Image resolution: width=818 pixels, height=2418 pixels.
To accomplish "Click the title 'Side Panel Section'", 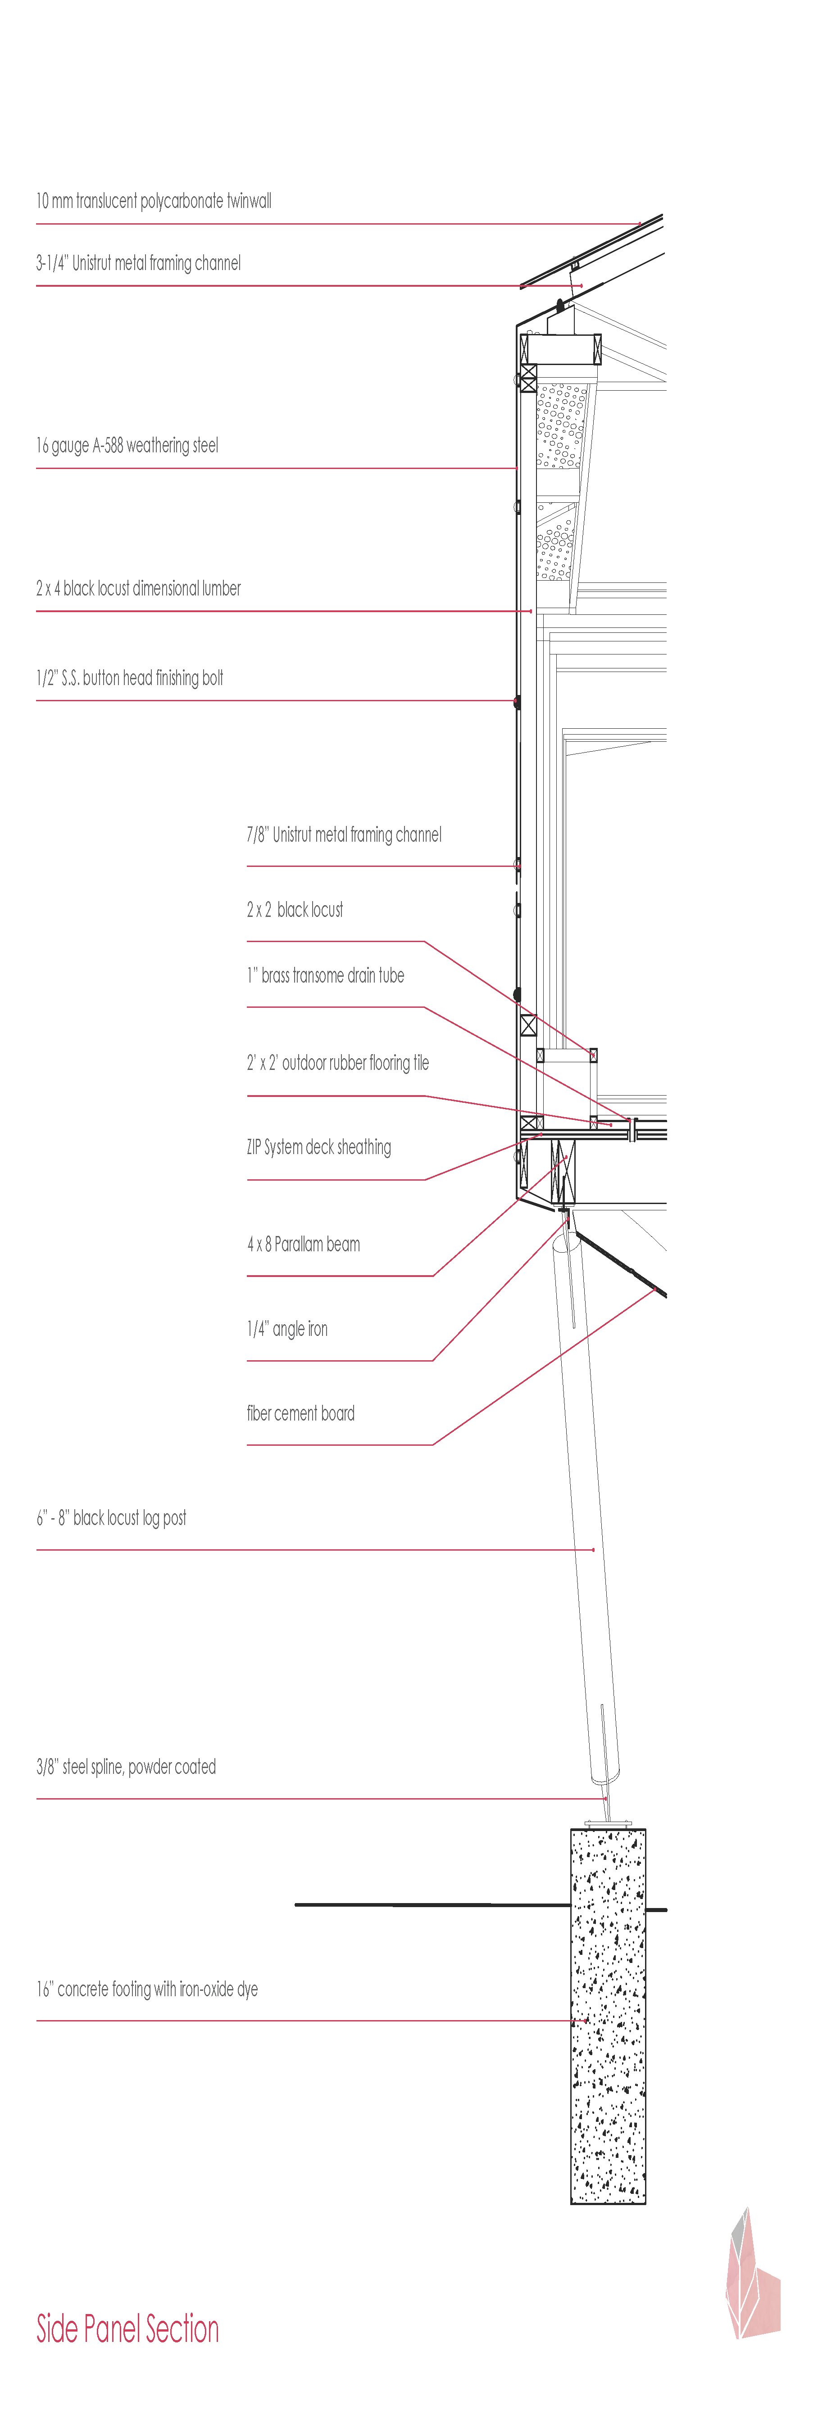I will [128, 2329].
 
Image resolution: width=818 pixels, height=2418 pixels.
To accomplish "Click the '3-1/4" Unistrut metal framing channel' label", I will [138, 263].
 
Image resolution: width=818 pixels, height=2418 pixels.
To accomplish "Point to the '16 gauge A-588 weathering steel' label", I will [127, 445].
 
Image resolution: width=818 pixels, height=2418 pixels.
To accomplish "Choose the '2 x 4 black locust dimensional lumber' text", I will [138, 589].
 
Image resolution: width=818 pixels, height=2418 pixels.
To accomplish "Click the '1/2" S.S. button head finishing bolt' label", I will [130, 678].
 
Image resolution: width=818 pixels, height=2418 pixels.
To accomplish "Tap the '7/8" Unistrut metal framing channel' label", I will [344, 835].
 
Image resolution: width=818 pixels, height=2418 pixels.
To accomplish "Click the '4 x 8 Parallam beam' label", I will [303, 1245].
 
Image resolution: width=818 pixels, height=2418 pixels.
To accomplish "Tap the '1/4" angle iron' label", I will [287, 1329].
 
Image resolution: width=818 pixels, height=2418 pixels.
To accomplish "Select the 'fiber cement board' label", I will [300, 1414].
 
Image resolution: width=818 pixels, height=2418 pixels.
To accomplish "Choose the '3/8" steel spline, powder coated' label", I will [126, 1767].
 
